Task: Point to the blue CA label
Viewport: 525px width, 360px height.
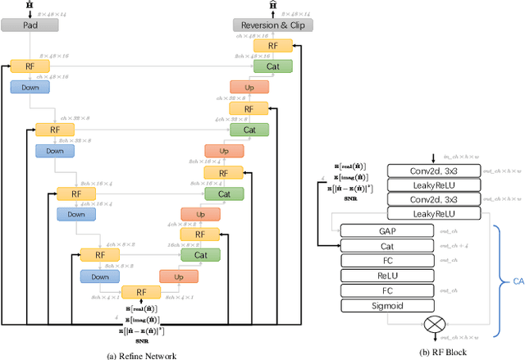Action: (x=514, y=280)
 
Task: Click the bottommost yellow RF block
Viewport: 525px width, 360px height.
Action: (x=142, y=292)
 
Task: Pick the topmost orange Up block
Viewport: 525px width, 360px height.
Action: (x=248, y=87)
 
